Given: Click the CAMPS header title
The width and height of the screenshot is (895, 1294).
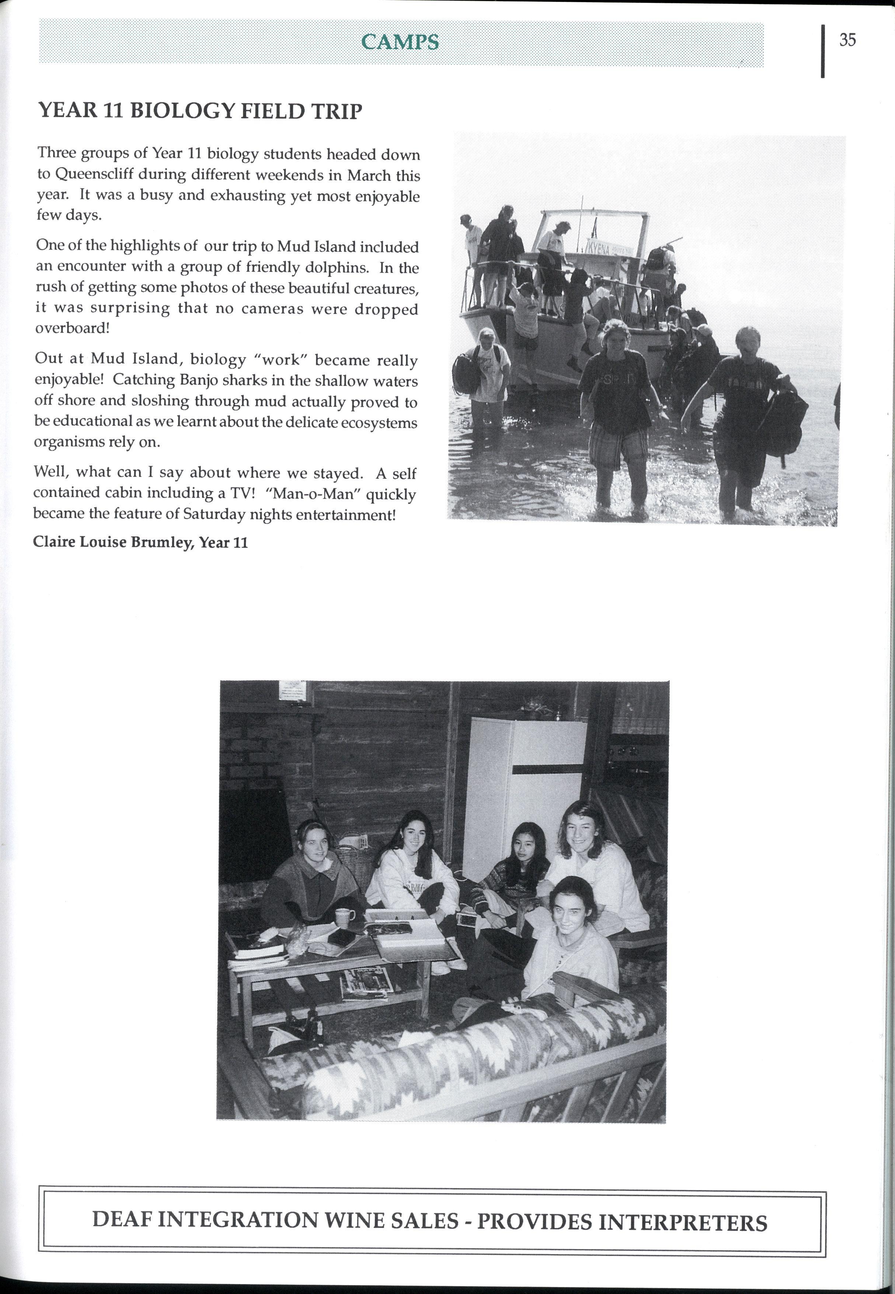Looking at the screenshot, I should (400, 42).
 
